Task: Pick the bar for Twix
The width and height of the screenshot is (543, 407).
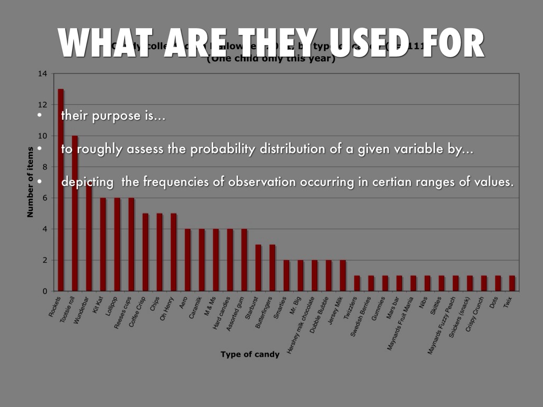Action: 512,283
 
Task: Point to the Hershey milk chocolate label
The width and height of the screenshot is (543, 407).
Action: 300,329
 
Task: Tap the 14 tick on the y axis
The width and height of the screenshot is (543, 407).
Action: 42,74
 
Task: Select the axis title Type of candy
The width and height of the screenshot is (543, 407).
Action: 250,355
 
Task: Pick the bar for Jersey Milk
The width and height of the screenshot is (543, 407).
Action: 343,276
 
